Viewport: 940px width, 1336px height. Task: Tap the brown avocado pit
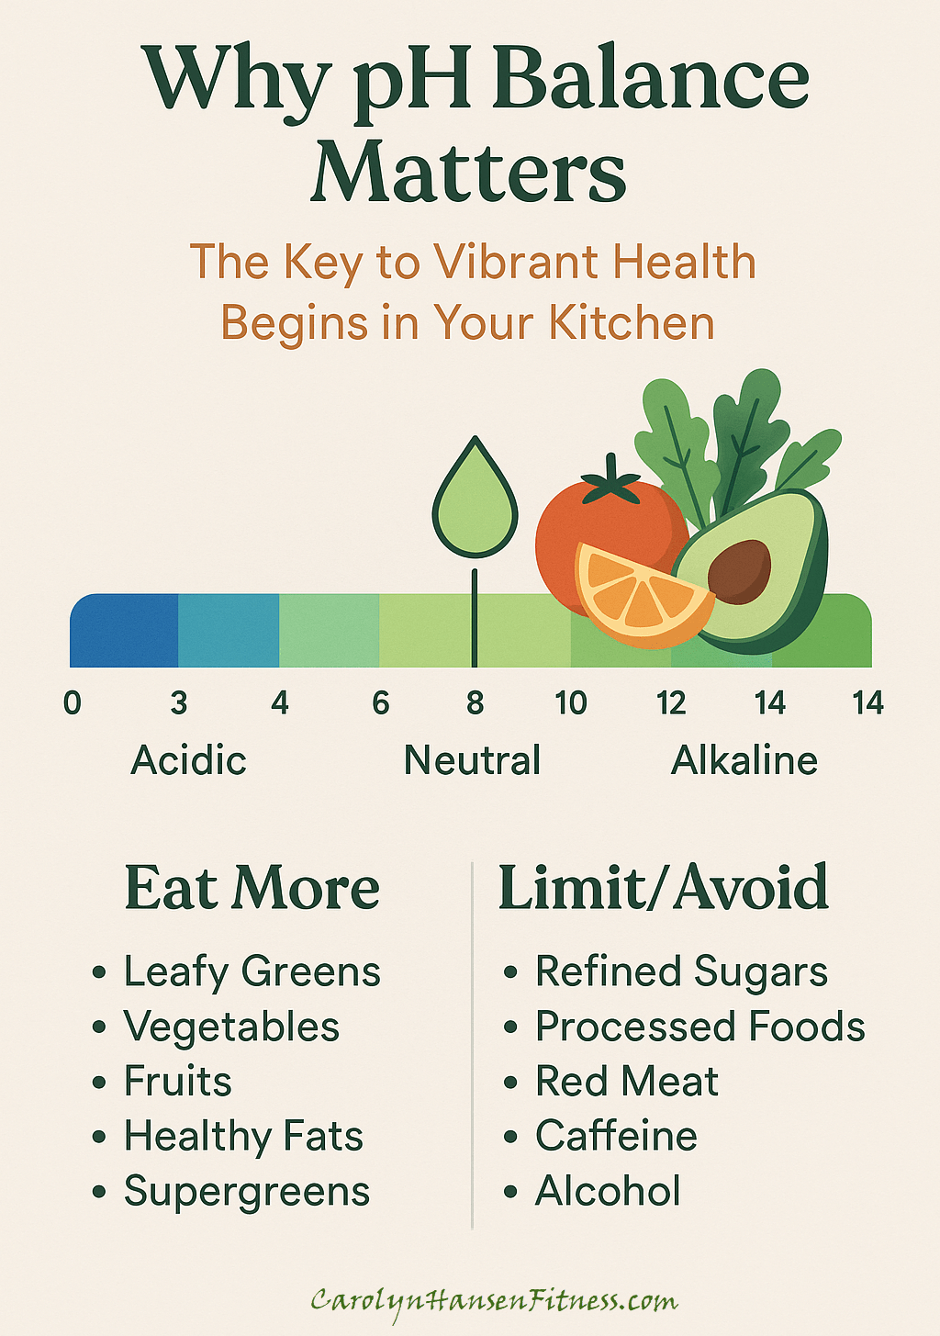[739, 571]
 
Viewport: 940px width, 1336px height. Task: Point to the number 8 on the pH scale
[475, 702]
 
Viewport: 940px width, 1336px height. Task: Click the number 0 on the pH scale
[73, 702]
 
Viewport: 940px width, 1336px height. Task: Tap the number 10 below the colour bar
[571, 702]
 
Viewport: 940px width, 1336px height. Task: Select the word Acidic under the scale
[188, 760]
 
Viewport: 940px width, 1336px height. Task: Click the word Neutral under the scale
[472, 760]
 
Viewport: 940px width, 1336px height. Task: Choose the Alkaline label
[744, 760]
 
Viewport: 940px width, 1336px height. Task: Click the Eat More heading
[252, 888]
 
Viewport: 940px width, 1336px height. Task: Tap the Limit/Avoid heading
[664, 887]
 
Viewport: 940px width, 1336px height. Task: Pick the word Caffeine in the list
[616, 1135]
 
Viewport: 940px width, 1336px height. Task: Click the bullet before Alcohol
[510, 1192]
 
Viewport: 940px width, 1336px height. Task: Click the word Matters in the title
[469, 172]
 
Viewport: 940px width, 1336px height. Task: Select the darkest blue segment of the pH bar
[124, 631]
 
